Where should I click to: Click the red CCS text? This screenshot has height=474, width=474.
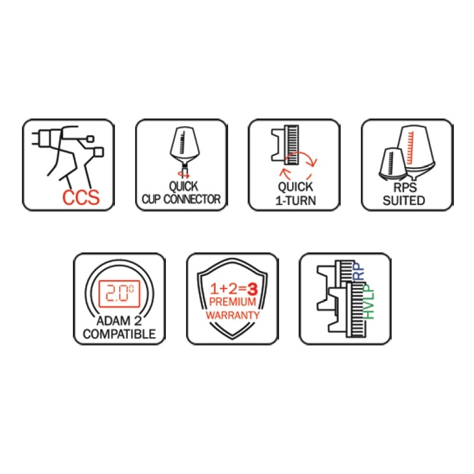[x=81, y=197]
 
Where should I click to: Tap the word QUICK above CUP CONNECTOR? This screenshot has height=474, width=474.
[x=184, y=186]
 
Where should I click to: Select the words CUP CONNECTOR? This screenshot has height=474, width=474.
[x=181, y=199]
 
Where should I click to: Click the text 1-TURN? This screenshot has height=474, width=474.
[x=296, y=200]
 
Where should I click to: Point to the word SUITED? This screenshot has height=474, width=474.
[x=404, y=200]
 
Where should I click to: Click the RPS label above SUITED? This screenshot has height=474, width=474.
[x=405, y=187]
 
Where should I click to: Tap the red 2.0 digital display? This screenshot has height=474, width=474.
[x=120, y=293]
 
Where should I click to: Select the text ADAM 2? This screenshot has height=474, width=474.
[x=119, y=321]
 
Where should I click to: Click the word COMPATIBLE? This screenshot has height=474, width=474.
[x=120, y=334]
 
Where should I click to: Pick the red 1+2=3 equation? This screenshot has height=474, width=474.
[x=233, y=289]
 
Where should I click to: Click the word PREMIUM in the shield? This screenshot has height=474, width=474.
[x=232, y=302]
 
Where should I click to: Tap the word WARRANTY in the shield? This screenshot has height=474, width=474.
[x=232, y=315]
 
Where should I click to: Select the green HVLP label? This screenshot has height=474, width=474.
[x=369, y=302]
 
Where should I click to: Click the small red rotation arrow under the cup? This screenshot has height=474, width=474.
[x=184, y=174]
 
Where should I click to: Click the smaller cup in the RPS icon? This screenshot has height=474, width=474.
[x=393, y=164]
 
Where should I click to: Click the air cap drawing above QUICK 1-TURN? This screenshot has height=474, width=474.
[x=285, y=145]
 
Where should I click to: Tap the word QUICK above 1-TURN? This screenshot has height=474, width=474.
[x=295, y=187]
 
